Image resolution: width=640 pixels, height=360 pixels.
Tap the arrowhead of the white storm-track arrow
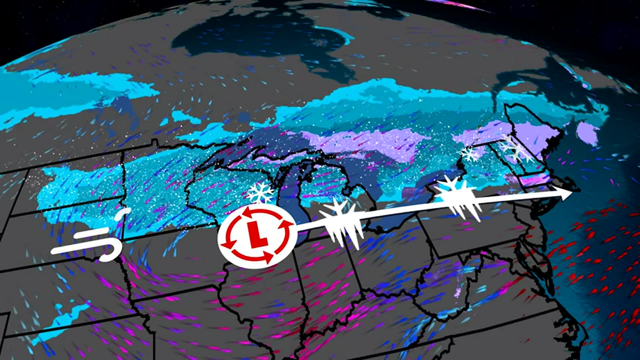pyautogui.click(x=567, y=194)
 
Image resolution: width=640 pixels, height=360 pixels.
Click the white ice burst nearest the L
pyautogui.click(x=342, y=222)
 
